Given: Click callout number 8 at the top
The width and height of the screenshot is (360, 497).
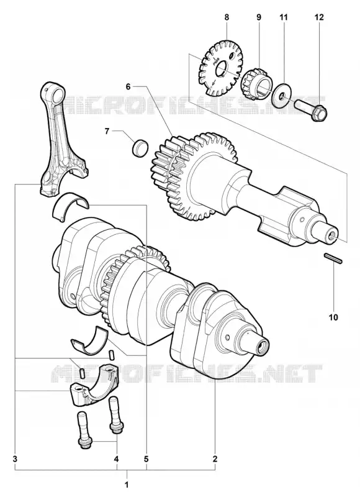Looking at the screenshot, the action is (x=227, y=17).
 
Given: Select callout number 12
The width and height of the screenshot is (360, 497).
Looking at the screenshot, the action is (x=319, y=17).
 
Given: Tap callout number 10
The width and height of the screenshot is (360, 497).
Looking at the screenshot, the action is (x=333, y=317).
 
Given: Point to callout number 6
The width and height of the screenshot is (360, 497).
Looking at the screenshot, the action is (x=128, y=86).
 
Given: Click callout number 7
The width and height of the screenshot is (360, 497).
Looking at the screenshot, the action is (x=107, y=131).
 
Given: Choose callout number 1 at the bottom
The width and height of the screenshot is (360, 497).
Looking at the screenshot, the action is (x=127, y=485).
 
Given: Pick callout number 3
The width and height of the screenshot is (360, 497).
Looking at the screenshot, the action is (x=15, y=458).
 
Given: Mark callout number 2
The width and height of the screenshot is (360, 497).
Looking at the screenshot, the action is (x=215, y=458).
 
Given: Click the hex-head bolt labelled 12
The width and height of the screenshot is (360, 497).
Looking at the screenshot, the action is (x=311, y=109).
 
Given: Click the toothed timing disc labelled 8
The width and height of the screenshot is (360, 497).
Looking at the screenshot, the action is (x=222, y=68).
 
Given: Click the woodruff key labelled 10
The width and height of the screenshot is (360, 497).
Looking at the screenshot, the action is (x=333, y=258).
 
